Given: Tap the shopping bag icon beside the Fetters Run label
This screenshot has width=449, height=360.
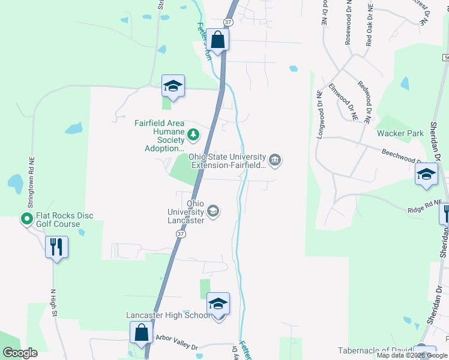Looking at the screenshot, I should click(x=218, y=40).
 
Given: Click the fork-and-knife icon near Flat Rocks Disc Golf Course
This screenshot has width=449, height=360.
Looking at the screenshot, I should click(x=56, y=247).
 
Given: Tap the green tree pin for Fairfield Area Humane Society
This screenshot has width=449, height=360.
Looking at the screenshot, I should click(x=193, y=134).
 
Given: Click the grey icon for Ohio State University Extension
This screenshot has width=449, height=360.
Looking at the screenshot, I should click(x=275, y=159).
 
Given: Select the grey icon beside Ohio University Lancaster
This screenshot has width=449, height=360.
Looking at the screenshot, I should click(x=212, y=211).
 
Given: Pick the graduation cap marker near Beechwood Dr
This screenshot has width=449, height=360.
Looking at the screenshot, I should click(x=426, y=175).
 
